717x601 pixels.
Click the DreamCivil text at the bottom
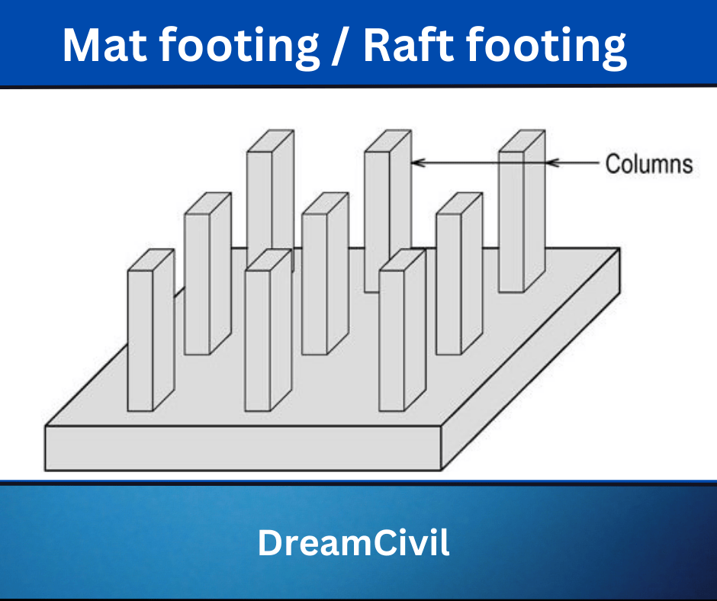click(353, 542)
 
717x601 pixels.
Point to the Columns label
click(648, 164)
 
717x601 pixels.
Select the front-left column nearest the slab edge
click(141, 339)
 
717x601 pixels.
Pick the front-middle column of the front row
click(258, 339)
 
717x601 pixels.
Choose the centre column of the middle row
click(315, 282)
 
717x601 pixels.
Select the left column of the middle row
click(198, 282)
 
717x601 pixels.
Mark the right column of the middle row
click(449, 282)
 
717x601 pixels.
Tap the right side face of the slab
click(534, 358)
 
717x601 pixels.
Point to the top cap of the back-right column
click(522, 141)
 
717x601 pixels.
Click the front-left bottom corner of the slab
click(47, 468)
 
